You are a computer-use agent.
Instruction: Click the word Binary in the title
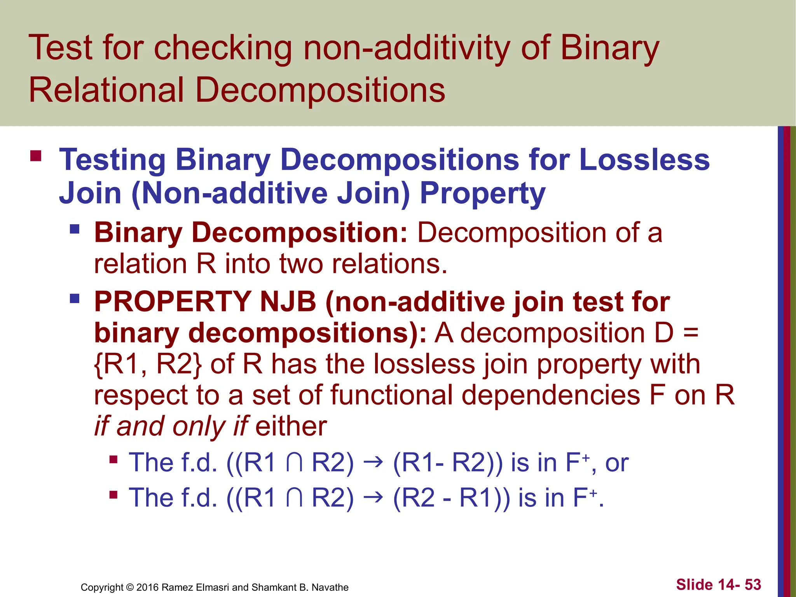point(609,49)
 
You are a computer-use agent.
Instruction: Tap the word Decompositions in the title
point(320,90)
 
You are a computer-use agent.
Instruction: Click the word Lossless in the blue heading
point(644,160)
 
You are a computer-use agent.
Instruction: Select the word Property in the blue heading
point(482,194)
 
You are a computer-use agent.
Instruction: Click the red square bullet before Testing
point(36,156)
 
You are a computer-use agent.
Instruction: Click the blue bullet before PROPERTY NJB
point(74,298)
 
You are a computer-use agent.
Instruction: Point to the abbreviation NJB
point(288,302)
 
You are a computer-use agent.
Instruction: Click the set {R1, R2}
point(148,364)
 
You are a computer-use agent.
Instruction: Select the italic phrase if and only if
point(171,426)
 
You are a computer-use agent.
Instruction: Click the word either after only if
point(291,426)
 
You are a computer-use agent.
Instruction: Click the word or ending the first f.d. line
point(617,463)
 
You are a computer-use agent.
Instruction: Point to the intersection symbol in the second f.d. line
point(294,498)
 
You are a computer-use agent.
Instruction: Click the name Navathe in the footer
point(330,587)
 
